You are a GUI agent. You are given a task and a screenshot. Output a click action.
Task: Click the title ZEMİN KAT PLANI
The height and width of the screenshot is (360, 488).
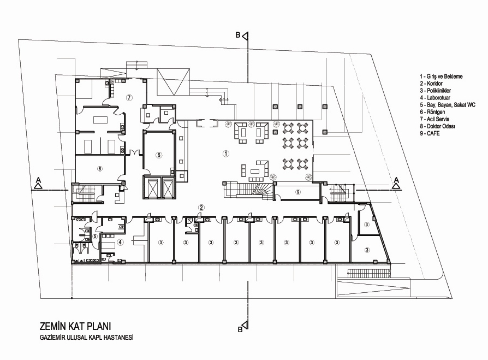pos(75,326)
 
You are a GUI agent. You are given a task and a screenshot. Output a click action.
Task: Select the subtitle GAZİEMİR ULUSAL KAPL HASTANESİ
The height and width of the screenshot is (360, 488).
pos(87,337)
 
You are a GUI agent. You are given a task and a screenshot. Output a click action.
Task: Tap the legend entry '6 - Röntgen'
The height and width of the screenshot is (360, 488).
pos(432,112)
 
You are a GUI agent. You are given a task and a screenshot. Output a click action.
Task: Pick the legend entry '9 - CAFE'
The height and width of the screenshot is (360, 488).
pos(430,133)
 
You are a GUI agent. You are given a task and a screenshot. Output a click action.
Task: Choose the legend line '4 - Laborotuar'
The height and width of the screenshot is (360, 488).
pos(435,98)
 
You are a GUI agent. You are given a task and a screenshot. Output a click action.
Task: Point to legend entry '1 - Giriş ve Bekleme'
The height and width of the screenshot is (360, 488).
pos(441,76)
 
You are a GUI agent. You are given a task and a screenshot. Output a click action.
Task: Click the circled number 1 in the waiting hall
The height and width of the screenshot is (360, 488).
pos(226,153)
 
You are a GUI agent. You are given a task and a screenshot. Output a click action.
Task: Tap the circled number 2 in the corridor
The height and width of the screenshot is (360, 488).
pos(201,208)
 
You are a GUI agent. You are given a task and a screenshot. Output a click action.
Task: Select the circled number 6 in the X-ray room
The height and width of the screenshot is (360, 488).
pos(159,155)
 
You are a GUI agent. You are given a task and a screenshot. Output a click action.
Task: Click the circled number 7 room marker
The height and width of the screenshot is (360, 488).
pos(129,97)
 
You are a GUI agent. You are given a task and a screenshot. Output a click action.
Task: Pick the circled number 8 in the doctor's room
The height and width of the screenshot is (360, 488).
pos(99,169)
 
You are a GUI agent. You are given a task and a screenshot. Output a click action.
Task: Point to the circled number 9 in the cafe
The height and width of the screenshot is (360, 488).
pos(298,192)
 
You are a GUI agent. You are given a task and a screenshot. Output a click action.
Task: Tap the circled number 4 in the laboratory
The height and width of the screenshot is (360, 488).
pos(120,242)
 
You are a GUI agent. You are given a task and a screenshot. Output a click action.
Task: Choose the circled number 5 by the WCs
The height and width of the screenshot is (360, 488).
pos(95,237)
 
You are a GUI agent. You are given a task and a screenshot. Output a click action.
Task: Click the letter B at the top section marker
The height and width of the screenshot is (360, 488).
pos(238,36)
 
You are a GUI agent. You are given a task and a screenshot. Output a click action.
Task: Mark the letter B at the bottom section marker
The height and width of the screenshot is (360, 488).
pos(240,329)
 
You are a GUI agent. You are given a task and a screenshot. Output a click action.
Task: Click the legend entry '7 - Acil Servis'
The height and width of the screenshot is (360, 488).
pos(435,119)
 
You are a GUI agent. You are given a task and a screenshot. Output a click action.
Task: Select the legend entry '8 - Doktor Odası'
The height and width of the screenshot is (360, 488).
pos(437,126)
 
